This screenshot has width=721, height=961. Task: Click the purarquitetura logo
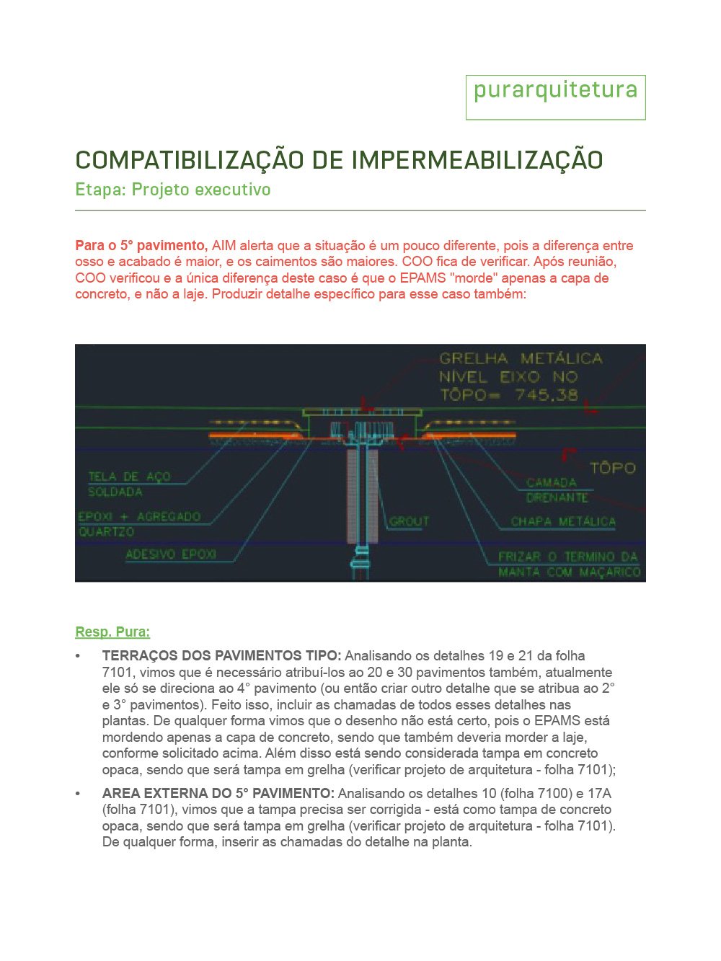coord(555,92)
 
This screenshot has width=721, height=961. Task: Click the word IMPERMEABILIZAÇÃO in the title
coord(458,160)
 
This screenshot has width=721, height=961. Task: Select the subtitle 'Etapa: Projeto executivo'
coord(173,190)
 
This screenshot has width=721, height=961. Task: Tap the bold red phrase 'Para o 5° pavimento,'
coord(141,246)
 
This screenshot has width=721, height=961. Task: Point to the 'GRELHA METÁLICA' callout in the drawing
coord(520,358)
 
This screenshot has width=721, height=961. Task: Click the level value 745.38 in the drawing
coord(546,395)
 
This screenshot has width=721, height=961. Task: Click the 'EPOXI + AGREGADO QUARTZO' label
coord(138,523)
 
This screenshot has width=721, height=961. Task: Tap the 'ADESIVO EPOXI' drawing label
coord(170,554)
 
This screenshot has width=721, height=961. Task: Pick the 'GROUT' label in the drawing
coord(409,521)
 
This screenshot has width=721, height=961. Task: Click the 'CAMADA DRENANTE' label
coord(557,490)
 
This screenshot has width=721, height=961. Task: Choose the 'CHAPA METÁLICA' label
coord(563,521)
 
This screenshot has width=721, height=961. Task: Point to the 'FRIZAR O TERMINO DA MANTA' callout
coord(568,564)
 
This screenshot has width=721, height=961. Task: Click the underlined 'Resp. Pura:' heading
coord(112,632)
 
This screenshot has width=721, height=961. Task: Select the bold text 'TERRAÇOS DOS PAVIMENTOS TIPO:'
coord(221,656)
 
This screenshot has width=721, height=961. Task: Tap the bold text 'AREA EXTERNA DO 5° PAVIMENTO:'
coord(218,794)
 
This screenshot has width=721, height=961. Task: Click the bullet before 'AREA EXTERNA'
coord(78,794)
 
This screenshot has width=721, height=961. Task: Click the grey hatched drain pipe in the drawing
coord(362,497)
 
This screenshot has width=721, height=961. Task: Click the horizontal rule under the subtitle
coord(360,211)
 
